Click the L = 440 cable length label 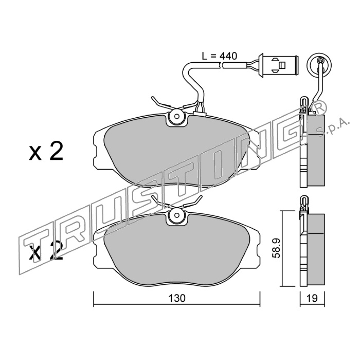[x=219, y=56]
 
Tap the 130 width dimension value [x=177, y=298]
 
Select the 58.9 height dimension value [x=276, y=248]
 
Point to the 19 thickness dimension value [x=312, y=298]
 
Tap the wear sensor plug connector [x=278, y=65]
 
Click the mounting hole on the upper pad [x=176, y=116]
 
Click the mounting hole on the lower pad [x=176, y=215]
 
